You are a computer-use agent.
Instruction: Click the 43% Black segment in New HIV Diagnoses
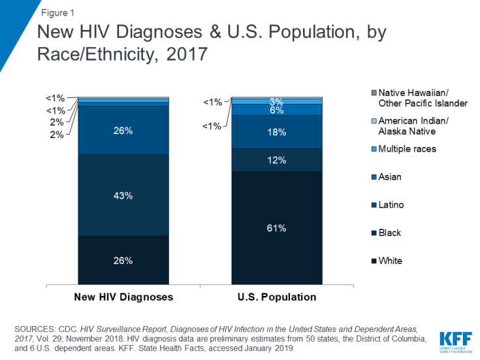[x=123, y=195]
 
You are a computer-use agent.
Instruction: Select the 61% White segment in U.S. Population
[x=277, y=228]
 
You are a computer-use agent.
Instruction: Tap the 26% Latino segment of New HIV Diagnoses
[x=123, y=130]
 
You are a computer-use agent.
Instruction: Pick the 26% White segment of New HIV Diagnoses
[x=123, y=260]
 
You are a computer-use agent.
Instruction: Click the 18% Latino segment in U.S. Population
[x=277, y=131]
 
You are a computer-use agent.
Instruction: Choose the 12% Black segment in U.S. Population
[x=277, y=159]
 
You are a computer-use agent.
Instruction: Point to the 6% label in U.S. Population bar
[x=277, y=110]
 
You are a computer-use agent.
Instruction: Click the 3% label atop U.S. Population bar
[x=277, y=101]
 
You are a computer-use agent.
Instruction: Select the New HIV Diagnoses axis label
[x=123, y=297]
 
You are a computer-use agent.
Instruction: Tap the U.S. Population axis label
[x=277, y=297]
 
